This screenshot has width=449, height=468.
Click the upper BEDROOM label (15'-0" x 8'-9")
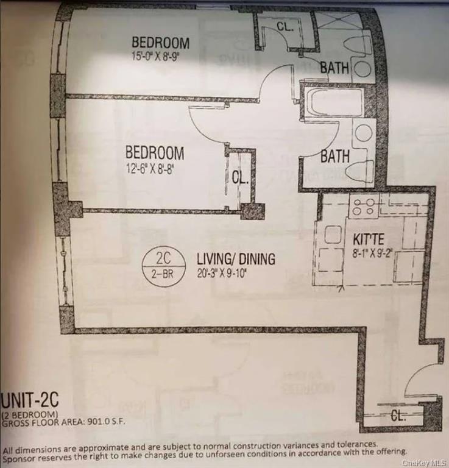click(x=160, y=43)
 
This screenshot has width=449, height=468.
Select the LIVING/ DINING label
click(x=235, y=259)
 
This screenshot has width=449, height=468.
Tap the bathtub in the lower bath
click(x=334, y=103)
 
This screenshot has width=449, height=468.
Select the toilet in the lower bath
click(x=359, y=172)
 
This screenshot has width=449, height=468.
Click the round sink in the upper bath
click(x=362, y=68)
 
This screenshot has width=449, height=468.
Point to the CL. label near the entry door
click(x=398, y=416)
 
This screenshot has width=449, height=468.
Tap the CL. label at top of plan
click(x=285, y=27)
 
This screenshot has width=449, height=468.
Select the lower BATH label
click(x=335, y=156)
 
